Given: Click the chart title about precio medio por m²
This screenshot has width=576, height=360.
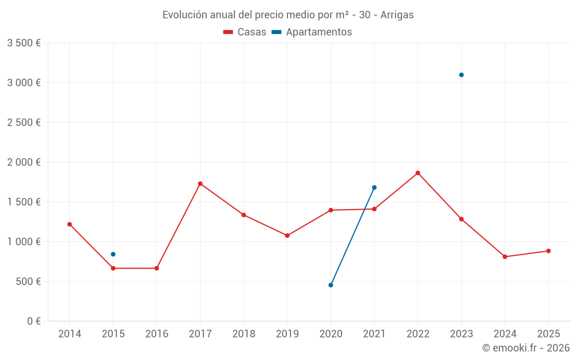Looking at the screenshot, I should coord(288,15).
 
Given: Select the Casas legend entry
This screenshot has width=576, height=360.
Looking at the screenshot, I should coord(245,32).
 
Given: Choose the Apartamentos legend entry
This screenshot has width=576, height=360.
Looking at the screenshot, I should coord(312,32).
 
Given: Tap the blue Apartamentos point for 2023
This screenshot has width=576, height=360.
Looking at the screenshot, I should coord(461,75).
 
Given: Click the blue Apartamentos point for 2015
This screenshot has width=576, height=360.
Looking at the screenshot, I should coord(113,254).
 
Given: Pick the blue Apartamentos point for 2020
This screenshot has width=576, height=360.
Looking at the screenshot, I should coord(331,285).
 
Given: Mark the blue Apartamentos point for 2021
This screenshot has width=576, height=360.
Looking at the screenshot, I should coord(374,187).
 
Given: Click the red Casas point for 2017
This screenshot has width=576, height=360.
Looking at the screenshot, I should coord(200,184).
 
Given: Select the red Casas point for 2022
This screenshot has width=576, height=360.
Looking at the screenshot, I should coord(418,173).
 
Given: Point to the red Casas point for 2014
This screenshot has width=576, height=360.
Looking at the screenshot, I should coord(70,224).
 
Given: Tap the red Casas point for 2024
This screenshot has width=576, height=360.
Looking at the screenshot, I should coord(505,257).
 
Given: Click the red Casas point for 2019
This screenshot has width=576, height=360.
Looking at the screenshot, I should coord(287,236).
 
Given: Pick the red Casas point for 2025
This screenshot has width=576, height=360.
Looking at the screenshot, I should coord(548,251).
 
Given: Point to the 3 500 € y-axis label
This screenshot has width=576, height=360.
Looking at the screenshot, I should coord(24,43).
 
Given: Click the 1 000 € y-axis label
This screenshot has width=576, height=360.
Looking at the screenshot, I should coord(24,242).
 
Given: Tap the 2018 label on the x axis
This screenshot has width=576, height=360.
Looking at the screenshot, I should coord(244,334).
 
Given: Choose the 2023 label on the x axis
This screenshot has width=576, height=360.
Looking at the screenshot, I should coord(461,334).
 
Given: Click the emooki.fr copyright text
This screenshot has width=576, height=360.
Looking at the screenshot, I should coord(525,348).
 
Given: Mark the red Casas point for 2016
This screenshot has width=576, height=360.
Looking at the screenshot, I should coord(157,268).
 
